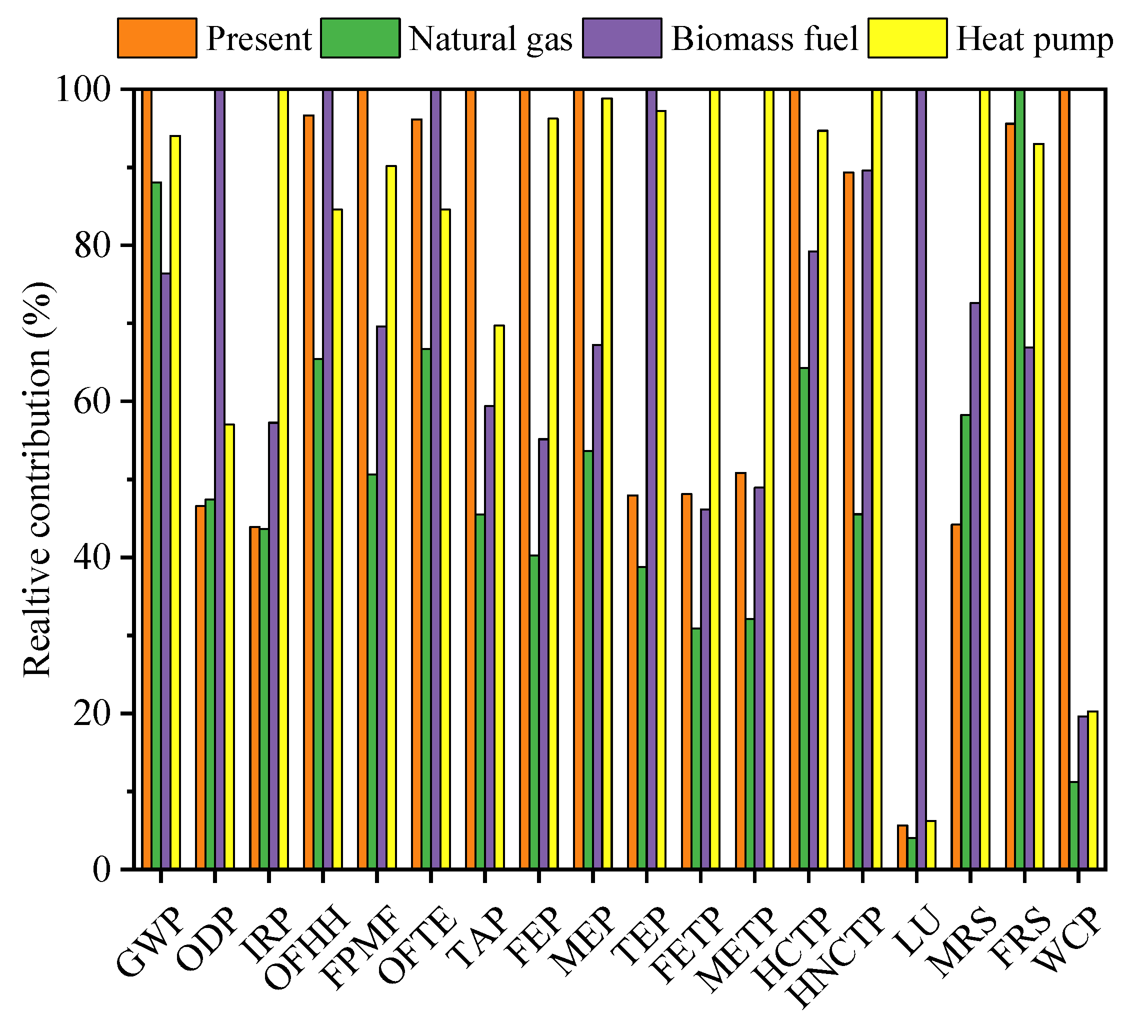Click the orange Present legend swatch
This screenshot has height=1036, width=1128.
tap(157, 38)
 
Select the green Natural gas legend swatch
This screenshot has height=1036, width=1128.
tap(360, 38)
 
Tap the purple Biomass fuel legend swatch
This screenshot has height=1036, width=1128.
tap(621, 38)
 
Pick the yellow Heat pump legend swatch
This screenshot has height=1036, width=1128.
tap(907, 38)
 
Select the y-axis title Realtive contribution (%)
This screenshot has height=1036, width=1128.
tap(38, 479)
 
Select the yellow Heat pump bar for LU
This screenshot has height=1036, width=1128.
tap(930, 845)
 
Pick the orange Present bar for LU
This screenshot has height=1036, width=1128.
tap(902, 847)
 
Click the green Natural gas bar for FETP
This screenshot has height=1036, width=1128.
tap(695, 748)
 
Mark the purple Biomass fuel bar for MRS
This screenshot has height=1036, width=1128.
tap(975, 586)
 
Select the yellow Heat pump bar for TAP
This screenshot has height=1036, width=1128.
tap(499, 597)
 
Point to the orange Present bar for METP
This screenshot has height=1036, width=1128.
tap(740, 671)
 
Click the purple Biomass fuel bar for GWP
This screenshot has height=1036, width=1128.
tap(166, 570)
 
